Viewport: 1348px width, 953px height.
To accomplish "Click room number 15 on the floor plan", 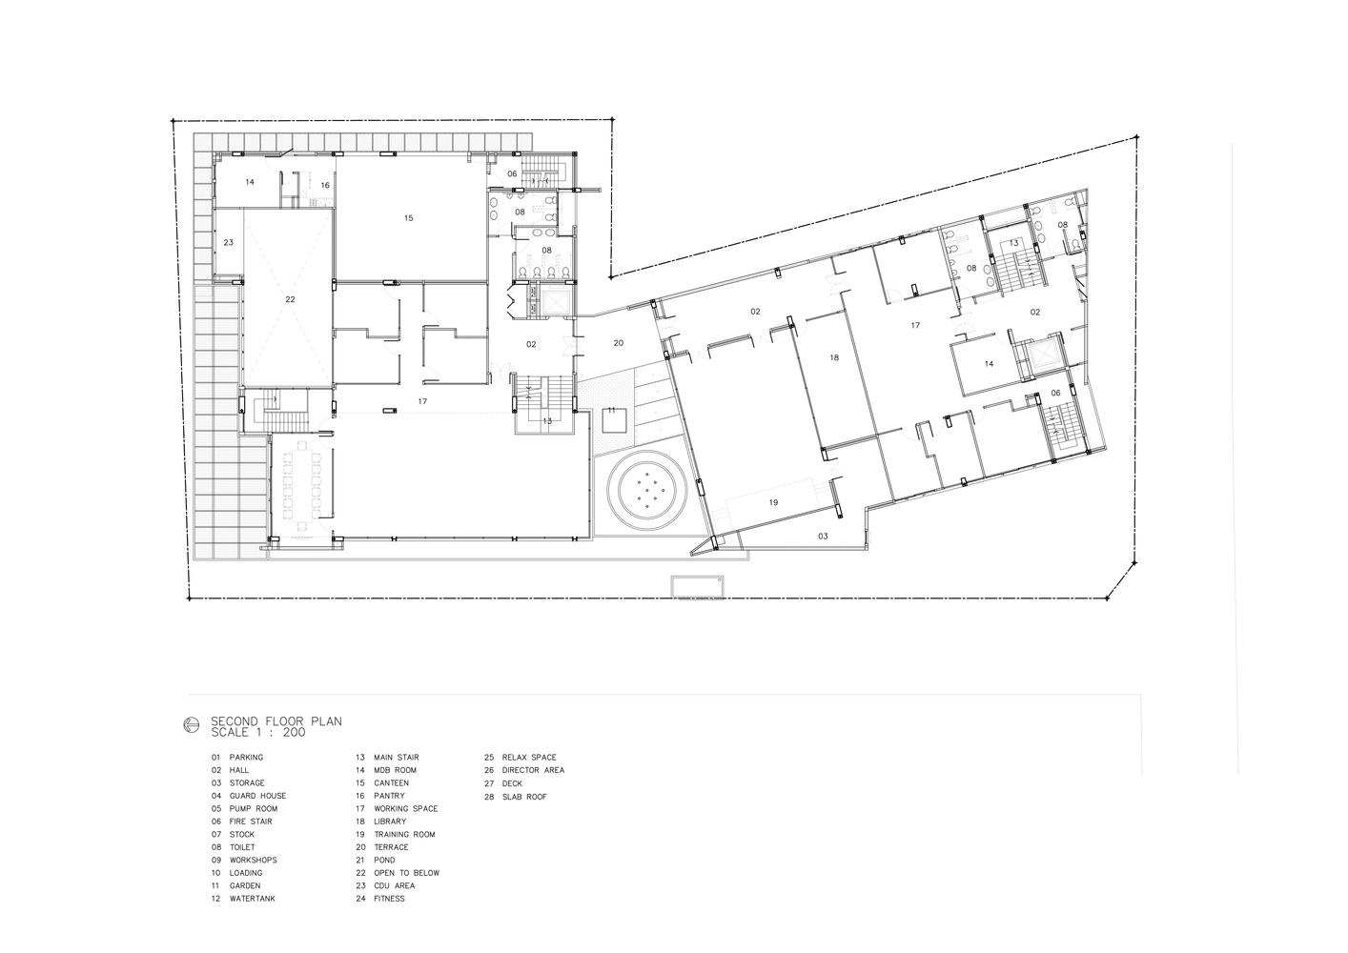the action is click(x=409, y=218).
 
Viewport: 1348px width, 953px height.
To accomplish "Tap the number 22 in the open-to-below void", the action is click(x=290, y=299).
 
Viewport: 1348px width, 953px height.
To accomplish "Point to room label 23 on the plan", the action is click(x=228, y=243).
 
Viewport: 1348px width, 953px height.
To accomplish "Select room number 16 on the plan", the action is click(x=325, y=185).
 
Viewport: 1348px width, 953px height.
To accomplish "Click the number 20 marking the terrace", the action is click(x=618, y=343).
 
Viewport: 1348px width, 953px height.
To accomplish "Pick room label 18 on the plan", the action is click(x=834, y=358).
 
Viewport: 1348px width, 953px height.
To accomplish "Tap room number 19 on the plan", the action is click(x=773, y=502).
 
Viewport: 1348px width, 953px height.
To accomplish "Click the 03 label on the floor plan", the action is click(x=823, y=536).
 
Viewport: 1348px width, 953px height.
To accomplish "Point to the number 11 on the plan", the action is click(x=611, y=411).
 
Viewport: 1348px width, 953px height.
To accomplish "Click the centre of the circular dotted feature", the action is click(x=646, y=490).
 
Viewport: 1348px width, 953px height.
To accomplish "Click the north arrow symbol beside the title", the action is click(x=192, y=725).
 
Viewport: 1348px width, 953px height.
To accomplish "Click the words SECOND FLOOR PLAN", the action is click(x=276, y=721).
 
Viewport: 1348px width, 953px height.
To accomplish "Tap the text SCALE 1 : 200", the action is click(x=258, y=732).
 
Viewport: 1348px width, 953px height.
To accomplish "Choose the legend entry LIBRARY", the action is click(x=390, y=821).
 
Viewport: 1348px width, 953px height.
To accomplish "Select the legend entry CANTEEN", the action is click(x=391, y=782).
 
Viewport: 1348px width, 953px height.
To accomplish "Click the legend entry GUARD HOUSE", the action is click(x=257, y=796).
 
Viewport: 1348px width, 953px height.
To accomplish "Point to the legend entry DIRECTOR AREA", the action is click(x=533, y=770).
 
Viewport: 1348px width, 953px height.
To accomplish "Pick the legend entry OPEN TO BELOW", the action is click(x=407, y=873).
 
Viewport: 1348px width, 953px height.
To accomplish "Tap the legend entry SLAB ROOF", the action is click(x=524, y=797).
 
